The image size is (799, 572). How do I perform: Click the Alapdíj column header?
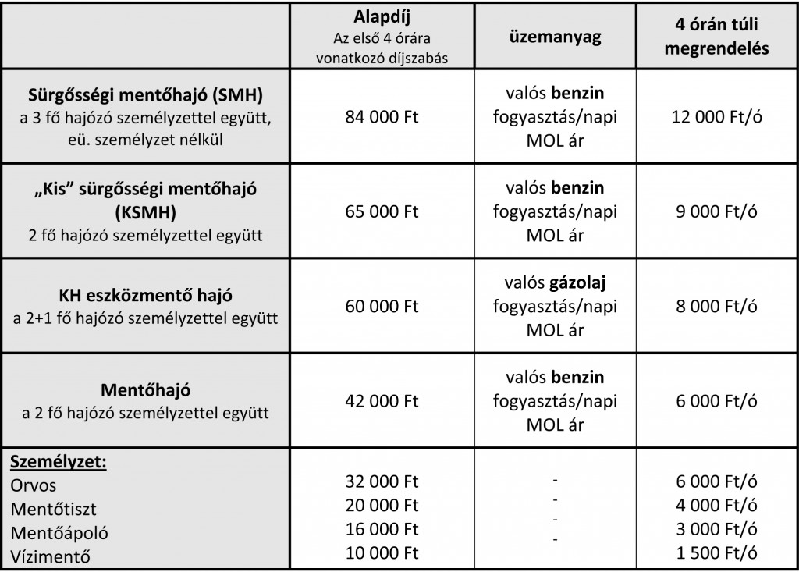coord(382,20)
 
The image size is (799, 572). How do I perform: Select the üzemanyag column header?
coord(555,37)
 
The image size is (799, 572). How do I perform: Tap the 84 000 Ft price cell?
coord(382,117)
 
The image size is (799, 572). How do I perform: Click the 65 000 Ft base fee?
coord(382,211)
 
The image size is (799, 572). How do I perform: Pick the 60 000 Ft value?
coord(382,307)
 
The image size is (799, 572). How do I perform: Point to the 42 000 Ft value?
coord(382,401)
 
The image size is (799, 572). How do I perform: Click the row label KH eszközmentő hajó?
coord(146,296)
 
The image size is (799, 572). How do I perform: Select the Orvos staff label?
coord(34,485)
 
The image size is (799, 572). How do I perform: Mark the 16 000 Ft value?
coord(382,530)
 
